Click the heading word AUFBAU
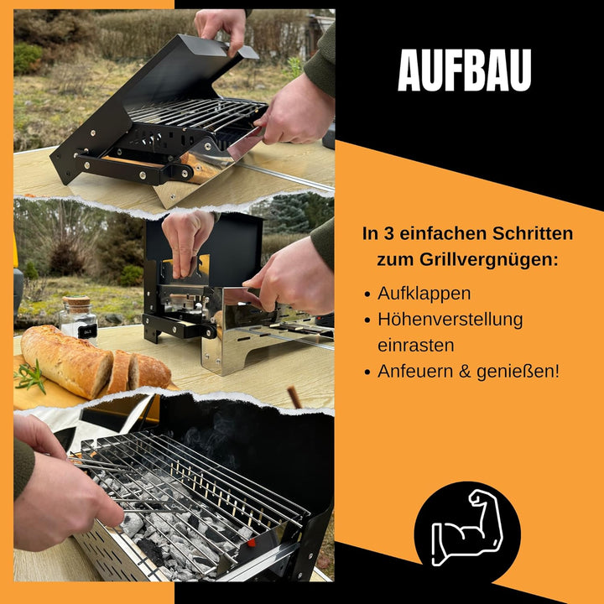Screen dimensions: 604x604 click(464, 70)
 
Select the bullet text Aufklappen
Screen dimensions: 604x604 click(424, 294)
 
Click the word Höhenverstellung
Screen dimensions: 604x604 click(450, 320)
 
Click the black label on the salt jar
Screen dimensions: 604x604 click(83, 331)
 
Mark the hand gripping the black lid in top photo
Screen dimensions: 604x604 click(220, 27)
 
